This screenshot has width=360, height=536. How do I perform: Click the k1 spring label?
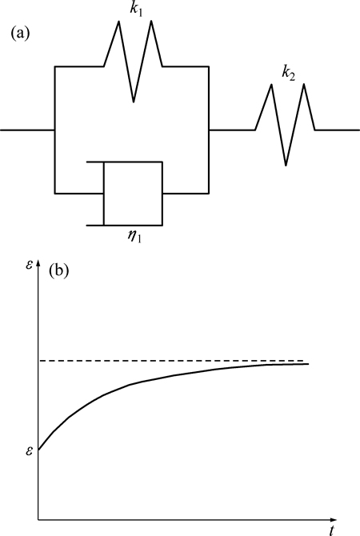(136, 10)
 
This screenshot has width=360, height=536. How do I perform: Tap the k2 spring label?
(288, 74)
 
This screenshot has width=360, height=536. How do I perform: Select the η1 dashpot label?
(134, 237)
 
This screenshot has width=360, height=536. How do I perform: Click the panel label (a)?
(20, 34)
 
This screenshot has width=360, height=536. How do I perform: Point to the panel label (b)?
(59, 270)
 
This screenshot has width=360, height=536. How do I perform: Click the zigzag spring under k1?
(134, 62)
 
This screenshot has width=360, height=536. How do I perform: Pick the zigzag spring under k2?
(286, 125)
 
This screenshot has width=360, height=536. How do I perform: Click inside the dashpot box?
(133, 194)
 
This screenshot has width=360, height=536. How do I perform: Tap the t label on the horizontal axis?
(331, 531)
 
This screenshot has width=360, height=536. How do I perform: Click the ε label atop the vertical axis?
(30, 265)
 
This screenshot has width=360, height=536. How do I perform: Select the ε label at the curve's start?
(30, 451)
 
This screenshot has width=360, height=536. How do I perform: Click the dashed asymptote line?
(171, 361)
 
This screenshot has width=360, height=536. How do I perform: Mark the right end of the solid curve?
(308, 364)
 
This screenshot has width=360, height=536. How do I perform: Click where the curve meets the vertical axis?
(38, 450)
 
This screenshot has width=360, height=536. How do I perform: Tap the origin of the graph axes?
(38, 520)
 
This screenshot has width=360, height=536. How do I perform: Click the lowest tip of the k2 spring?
(286, 166)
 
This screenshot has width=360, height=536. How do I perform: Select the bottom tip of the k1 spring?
(134, 102)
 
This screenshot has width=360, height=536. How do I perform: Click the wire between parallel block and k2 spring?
(232, 130)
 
